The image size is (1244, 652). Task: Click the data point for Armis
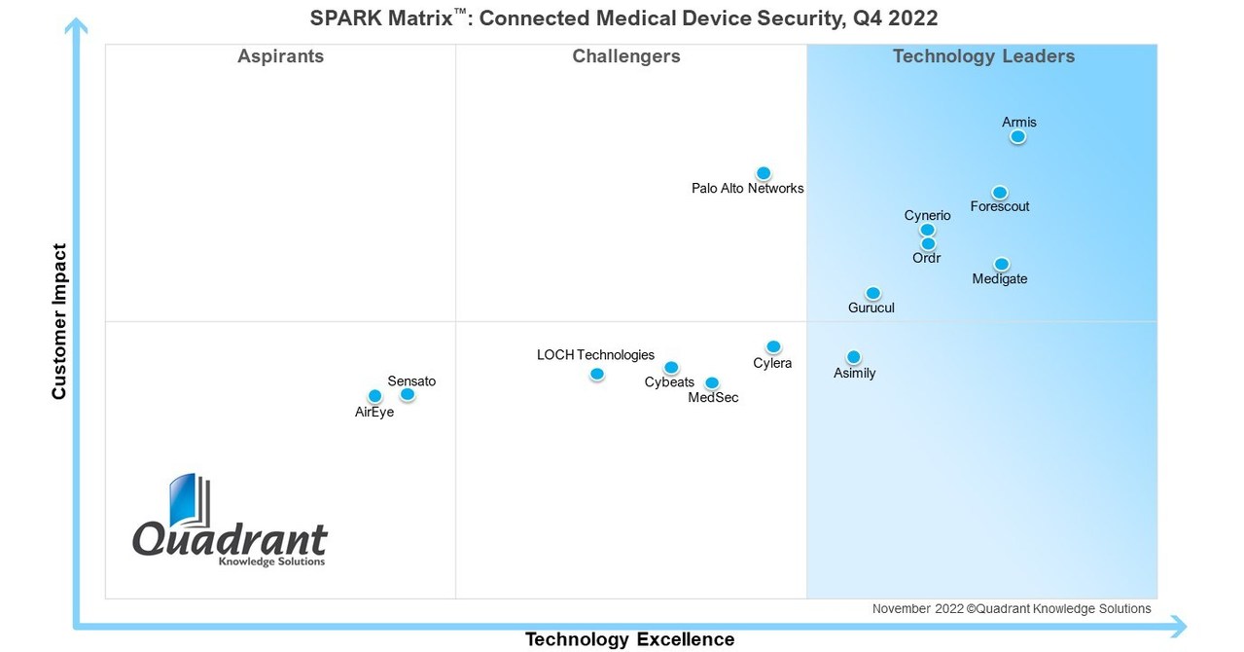pyautogui.click(x=1017, y=137)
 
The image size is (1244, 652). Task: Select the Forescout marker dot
pyautogui.click(x=1000, y=193)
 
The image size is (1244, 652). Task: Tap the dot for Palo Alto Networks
pyautogui.click(x=764, y=173)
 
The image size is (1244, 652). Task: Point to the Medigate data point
pyautogui.click(x=1002, y=265)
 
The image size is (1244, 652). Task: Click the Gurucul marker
pyautogui.click(x=873, y=293)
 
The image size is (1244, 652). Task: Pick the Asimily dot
pyautogui.click(x=854, y=357)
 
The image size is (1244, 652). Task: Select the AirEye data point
pyautogui.click(x=375, y=396)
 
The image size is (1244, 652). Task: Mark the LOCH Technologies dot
pyautogui.click(x=597, y=374)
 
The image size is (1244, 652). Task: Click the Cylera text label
pyautogui.click(x=772, y=364)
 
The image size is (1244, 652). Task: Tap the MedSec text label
pyautogui.click(x=713, y=397)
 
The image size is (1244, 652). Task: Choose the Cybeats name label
pyautogui.click(x=669, y=382)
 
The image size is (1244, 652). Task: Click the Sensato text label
pyautogui.click(x=411, y=380)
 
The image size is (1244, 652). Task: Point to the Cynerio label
pyautogui.click(x=927, y=215)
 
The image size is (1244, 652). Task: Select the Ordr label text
pyautogui.click(x=926, y=258)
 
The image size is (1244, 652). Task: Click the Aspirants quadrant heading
pyautogui.click(x=280, y=56)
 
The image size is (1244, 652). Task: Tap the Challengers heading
pyautogui.click(x=626, y=56)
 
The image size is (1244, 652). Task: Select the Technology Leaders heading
pyautogui.click(x=983, y=56)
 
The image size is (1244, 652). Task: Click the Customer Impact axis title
pyautogui.click(x=59, y=321)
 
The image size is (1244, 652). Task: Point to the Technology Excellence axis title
pyautogui.click(x=629, y=639)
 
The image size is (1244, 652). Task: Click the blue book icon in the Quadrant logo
pyautogui.click(x=184, y=501)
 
